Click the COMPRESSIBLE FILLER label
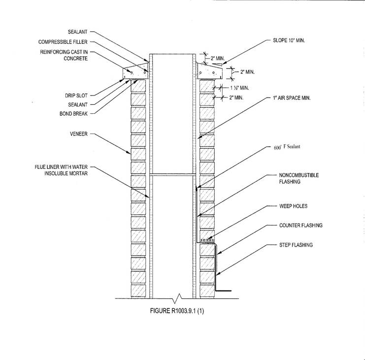(x=63, y=42)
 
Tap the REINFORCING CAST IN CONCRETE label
(x=64, y=55)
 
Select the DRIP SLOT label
(x=76, y=96)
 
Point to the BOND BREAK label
(x=73, y=114)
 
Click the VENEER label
(x=79, y=134)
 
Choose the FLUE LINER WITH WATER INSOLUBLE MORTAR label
(x=61, y=170)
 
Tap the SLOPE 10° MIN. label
(x=289, y=40)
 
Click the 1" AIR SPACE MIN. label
(x=292, y=98)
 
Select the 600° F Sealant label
(x=287, y=147)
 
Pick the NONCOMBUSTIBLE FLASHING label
(x=299, y=178)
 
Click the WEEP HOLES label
(x=293, y=206)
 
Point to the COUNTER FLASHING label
(x=301, y=225)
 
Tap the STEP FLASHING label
(x=296, y=245)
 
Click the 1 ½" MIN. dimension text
(x=239, y=88)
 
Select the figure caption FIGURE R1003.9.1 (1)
(x=177, y=311)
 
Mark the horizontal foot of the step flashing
(x=224, y=291)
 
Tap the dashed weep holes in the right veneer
(x=207, y=240)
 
